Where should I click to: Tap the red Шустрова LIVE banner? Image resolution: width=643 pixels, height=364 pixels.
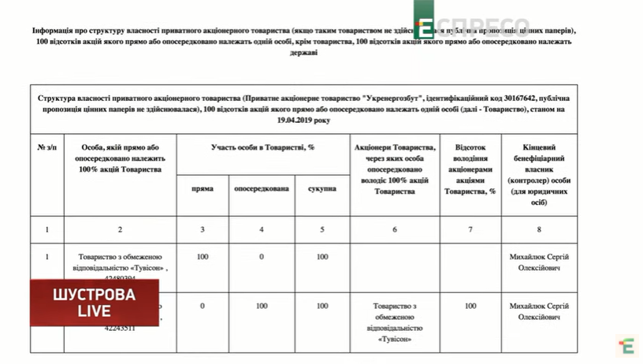tap(94, 302)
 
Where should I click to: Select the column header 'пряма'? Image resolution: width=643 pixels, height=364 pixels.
tap(203, 189)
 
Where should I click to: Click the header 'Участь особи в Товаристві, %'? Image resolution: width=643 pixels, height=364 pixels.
tap(262, 147)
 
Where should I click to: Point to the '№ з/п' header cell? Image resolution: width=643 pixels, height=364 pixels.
tap(46, 147)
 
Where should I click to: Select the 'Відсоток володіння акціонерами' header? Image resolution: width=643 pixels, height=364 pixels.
tap(470, 169)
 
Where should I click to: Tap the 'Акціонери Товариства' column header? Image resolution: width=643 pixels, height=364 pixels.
tap(394, 169)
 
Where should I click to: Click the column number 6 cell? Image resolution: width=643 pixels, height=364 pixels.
tap(394, 229)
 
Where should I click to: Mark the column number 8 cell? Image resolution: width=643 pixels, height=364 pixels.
tap(539, 229)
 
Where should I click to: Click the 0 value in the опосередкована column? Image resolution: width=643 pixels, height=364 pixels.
tap(262, 257)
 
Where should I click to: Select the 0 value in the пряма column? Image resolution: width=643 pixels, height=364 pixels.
tap(203, 306)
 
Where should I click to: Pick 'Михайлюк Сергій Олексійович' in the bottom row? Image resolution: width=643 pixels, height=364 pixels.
tap(539, 311)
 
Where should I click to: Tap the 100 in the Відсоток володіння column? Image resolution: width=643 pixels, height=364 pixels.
tap(470, 306)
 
